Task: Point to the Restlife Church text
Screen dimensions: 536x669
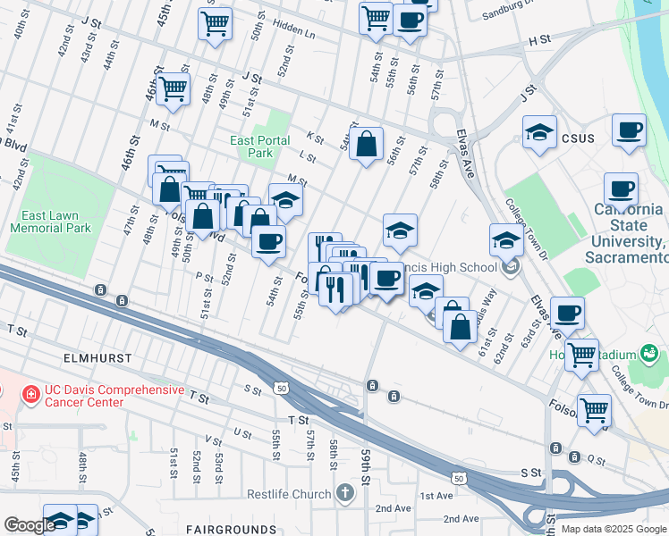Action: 289,494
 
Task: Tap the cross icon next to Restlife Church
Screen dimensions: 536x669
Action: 346,493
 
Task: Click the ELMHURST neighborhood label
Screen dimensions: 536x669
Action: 98,357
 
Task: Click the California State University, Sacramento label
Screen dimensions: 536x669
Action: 627,233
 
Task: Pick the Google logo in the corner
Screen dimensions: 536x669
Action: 30,525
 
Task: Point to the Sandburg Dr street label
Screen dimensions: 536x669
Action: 506,13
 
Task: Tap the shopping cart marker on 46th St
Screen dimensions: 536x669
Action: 172,88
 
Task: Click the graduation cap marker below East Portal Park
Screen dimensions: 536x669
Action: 285,200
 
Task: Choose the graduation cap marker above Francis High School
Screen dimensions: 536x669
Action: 400,230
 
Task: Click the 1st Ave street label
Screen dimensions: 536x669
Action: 436,496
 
